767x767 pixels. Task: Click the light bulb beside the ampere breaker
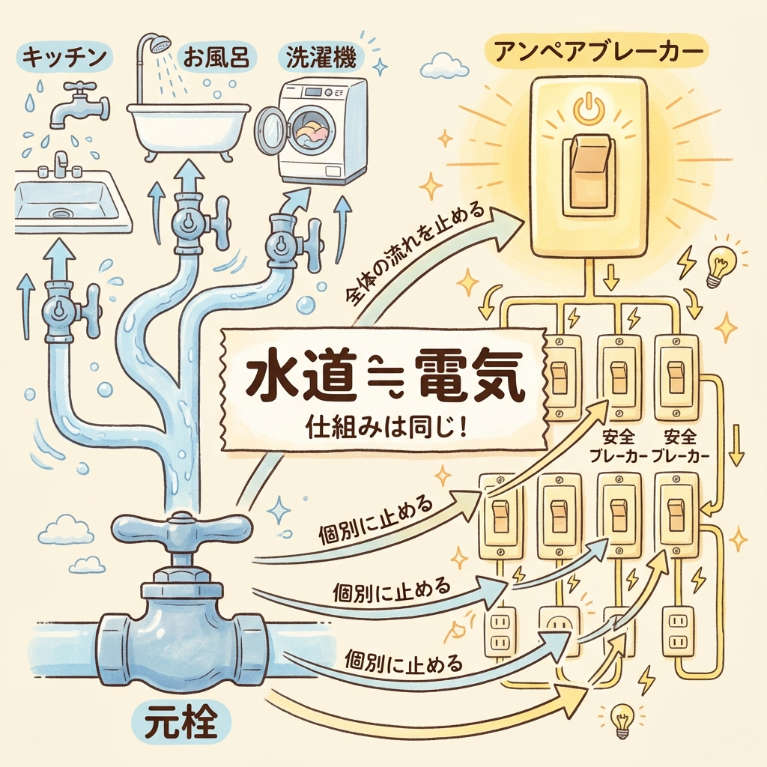point(721,264)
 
